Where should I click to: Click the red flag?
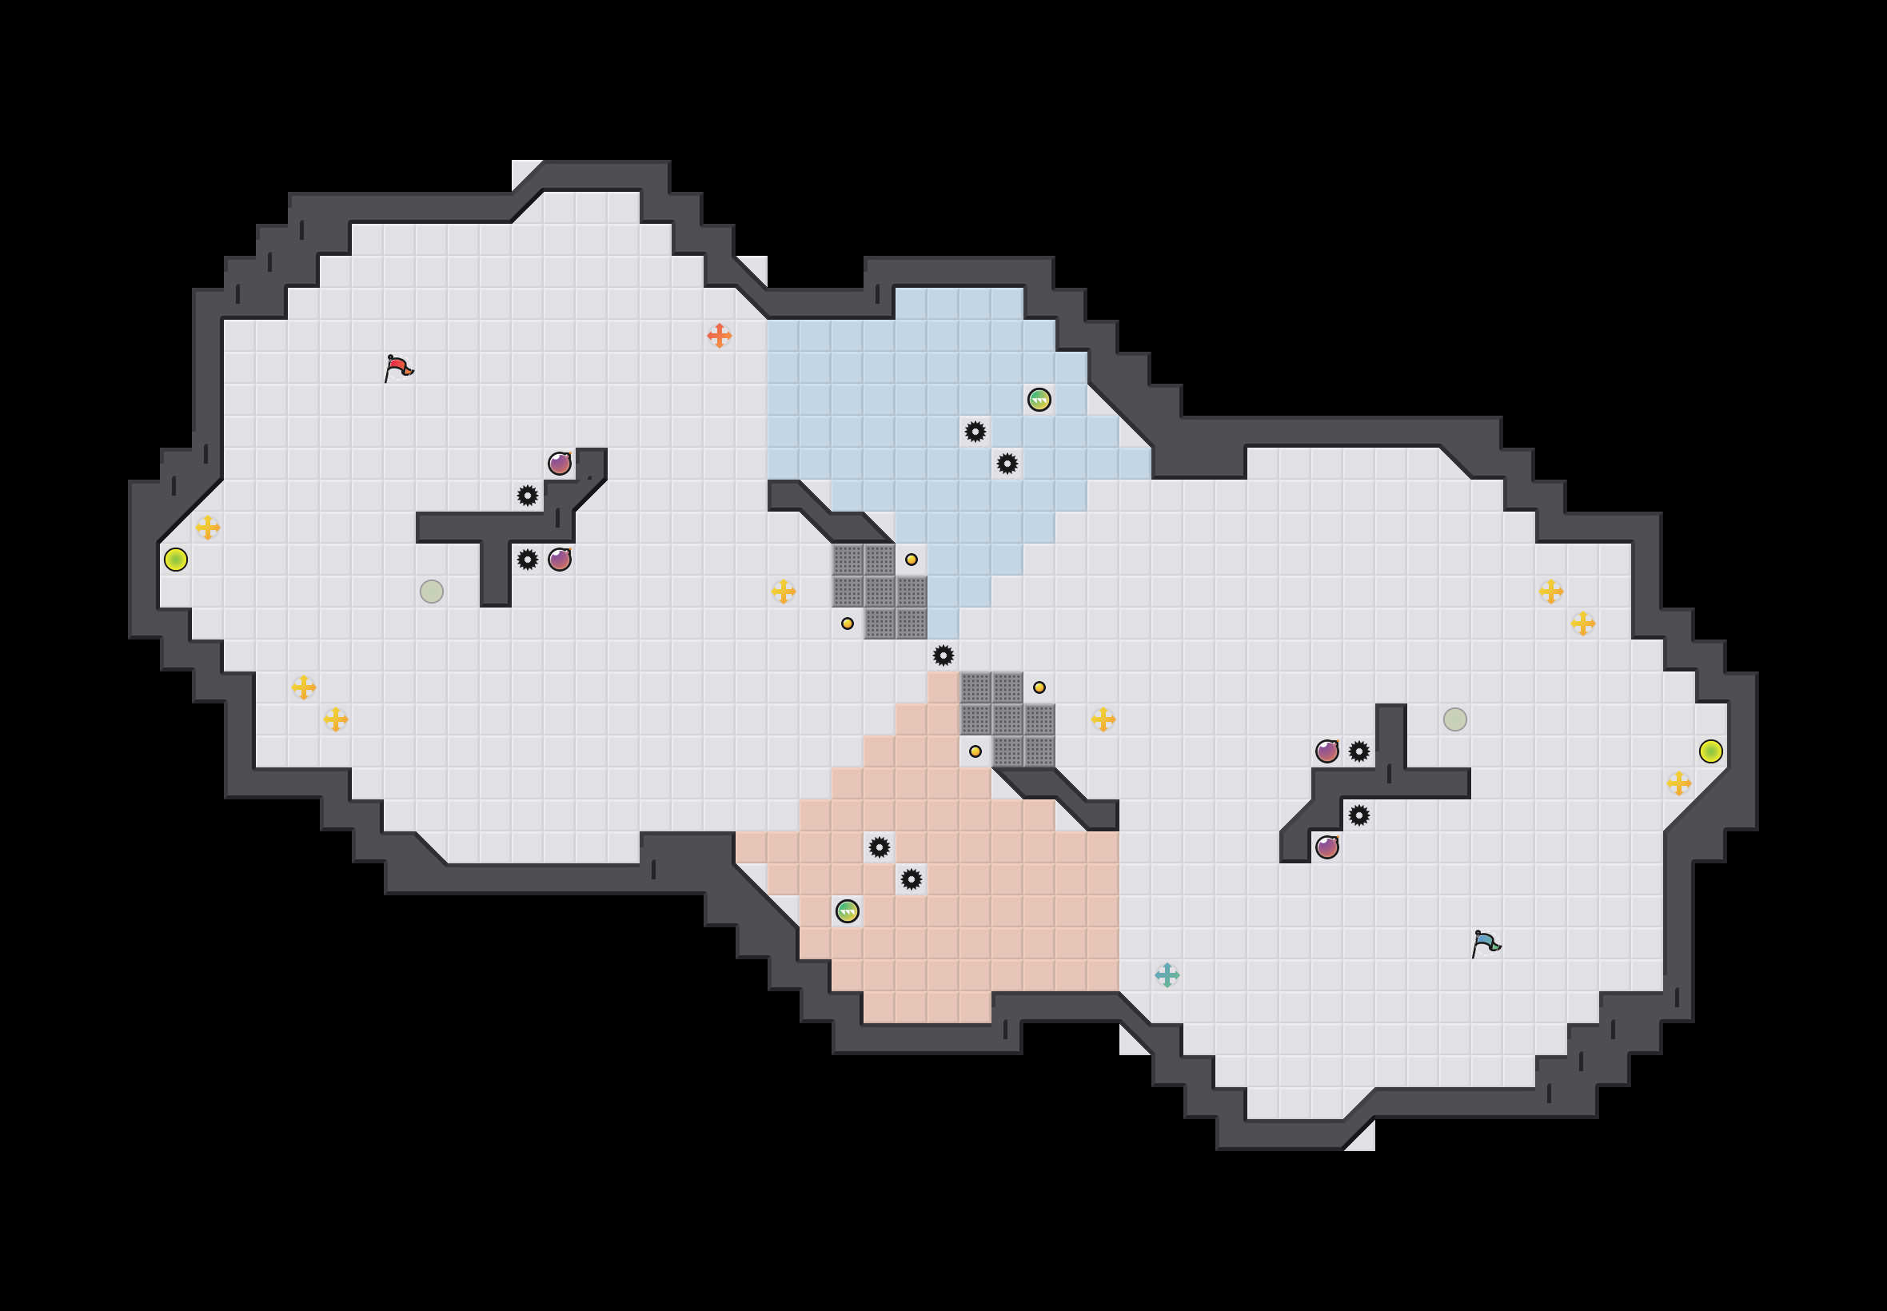[398, 368]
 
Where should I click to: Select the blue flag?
[1486, 944]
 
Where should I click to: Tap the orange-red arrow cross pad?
[719, 335]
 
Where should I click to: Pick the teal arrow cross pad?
[1167, 975]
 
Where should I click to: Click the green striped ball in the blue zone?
[1039, 399]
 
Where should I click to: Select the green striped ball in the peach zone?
[847, 911]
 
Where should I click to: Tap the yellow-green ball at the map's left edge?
[176, 560]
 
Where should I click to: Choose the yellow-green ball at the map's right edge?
[1710, 751]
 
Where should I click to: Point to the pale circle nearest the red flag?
[431, 592]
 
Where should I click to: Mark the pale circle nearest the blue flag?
[1455, 719]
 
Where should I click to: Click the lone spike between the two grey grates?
[943, 655]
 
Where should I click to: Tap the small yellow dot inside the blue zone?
[911, 560]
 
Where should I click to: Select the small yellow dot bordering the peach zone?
[975, 751]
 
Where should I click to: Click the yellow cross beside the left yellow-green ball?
[208, 528]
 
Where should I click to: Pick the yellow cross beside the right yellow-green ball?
[1678, 783]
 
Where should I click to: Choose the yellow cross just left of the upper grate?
[783, 592]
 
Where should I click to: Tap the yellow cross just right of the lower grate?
[1103, 719]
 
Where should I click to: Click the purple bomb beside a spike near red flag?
[560, 560]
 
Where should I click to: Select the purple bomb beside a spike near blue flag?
[1326, 751]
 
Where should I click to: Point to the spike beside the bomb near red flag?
[528, 560]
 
